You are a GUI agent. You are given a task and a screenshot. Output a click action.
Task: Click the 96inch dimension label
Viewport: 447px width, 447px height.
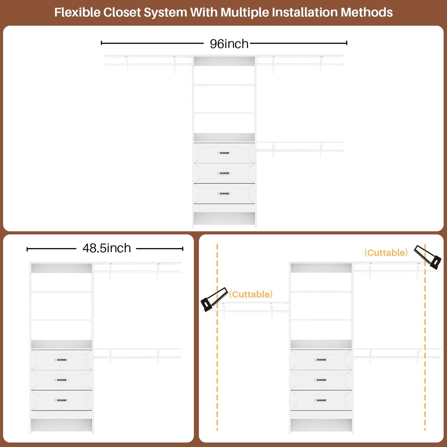coord(229,44)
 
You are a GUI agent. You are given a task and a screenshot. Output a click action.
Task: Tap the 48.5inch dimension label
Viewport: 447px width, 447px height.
coord(107,248)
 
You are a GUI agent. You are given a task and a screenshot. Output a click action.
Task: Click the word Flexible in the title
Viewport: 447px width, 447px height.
coord(77,12)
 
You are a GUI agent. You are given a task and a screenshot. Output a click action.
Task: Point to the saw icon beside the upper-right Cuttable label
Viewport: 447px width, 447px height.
coord(428,257)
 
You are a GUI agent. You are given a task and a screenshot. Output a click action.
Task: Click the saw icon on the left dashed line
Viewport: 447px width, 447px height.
coord(214,299)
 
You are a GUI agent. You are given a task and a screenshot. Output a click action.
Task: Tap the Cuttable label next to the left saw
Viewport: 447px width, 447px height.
coord(251,294)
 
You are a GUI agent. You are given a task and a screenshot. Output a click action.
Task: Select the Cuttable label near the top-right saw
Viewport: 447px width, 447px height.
coord(386,253)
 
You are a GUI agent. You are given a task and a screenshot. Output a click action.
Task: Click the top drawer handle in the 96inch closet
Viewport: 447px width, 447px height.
coord(224,153)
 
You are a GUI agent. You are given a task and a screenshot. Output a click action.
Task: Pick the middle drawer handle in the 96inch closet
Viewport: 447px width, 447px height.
coord(224,173)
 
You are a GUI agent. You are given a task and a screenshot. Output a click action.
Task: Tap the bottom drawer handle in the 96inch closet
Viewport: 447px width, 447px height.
coord(224,193)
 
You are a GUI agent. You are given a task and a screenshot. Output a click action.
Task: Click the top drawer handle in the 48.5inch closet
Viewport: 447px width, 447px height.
coord(62,360)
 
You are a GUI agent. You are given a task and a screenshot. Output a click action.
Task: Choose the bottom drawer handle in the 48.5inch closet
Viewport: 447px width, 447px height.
coord(62,400)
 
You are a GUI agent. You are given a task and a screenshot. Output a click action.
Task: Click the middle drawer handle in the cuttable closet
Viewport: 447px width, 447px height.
coord(321,380)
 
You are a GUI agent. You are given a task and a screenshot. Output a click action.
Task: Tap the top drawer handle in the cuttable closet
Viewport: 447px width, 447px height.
coord(321,360)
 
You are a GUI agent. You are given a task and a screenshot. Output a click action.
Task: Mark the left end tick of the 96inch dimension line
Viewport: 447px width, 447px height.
coord(101,43)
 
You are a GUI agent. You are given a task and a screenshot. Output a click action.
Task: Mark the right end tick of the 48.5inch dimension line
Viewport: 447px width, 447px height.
coord(183,249)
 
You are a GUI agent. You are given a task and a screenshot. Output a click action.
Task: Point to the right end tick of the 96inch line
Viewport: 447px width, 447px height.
coord(346,43)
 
